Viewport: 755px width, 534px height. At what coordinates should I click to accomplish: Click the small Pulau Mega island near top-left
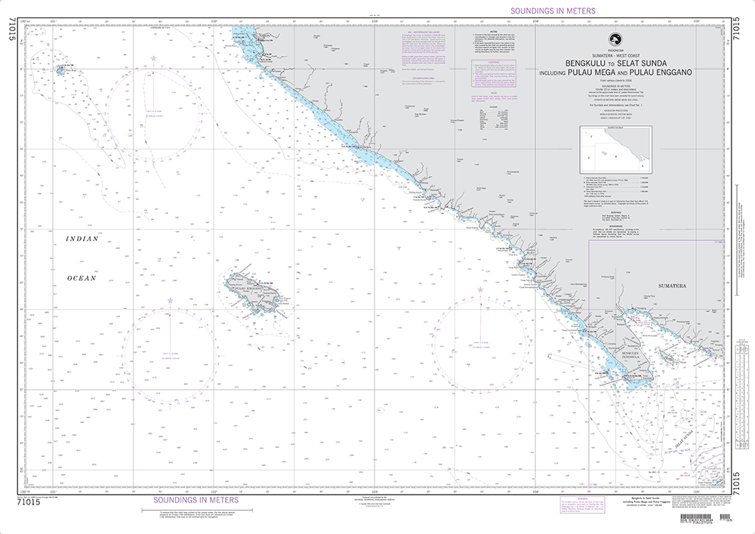(x=60, y=69)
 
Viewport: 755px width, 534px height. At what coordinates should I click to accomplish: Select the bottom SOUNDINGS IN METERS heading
(x=196, y=500)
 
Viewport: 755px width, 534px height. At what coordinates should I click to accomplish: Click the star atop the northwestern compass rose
(x=154, y=59)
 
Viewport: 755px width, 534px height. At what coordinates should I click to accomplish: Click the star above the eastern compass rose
(x=480, y=290)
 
